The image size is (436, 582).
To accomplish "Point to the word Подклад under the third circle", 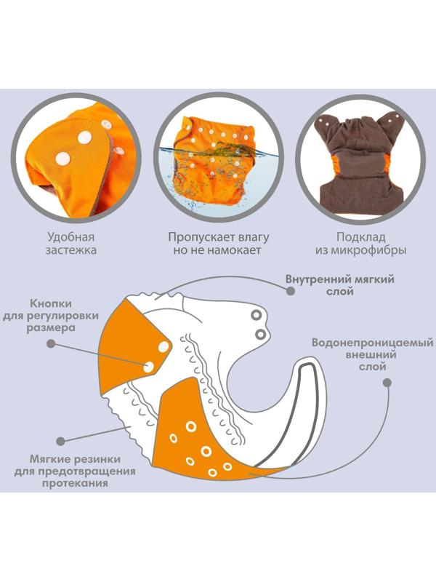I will [x=361, y=236].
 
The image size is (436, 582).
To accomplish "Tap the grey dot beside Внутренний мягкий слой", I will [x=290, y=290].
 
